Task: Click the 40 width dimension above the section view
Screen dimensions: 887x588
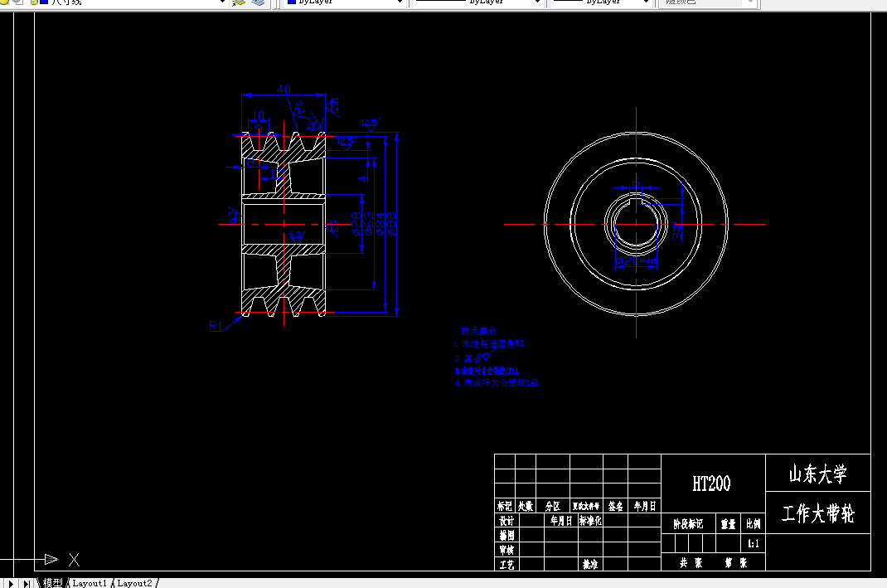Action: [284, 89]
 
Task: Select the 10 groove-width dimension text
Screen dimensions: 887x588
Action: [258, 115]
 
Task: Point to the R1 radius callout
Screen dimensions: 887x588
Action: [216, 326]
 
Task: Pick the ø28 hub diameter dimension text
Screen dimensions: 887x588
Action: [356, 223]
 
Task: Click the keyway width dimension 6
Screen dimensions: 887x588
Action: [637, 184]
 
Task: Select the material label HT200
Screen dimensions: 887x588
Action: [711, 484]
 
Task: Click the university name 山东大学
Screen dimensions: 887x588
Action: [817, 474]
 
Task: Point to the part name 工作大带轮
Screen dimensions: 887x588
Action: [817, 514]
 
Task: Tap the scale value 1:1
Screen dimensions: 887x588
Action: [754, 544]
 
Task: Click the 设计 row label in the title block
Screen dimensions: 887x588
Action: [506, 521]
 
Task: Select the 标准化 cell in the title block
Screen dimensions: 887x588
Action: [590, 521]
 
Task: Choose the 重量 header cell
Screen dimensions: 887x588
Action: [728, 524]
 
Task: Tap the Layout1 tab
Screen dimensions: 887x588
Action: [90, 583]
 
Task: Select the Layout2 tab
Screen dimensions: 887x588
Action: [134, 583]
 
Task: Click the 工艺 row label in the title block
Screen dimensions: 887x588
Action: [506, 564]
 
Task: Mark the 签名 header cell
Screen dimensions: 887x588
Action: [615, 506]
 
